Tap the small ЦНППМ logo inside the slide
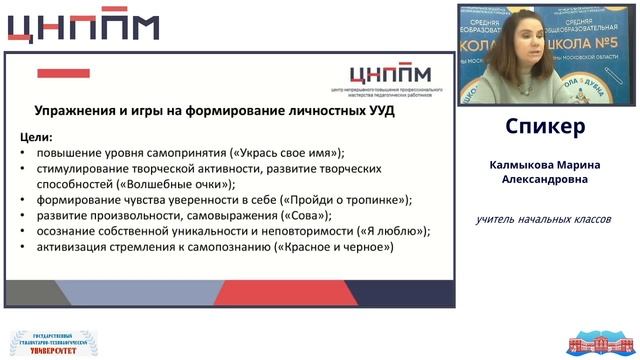[389, 76]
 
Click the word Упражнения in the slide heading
[77, 112]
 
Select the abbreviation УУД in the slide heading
[377, 112]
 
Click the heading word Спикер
[545, 128]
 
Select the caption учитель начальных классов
[543, 219]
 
